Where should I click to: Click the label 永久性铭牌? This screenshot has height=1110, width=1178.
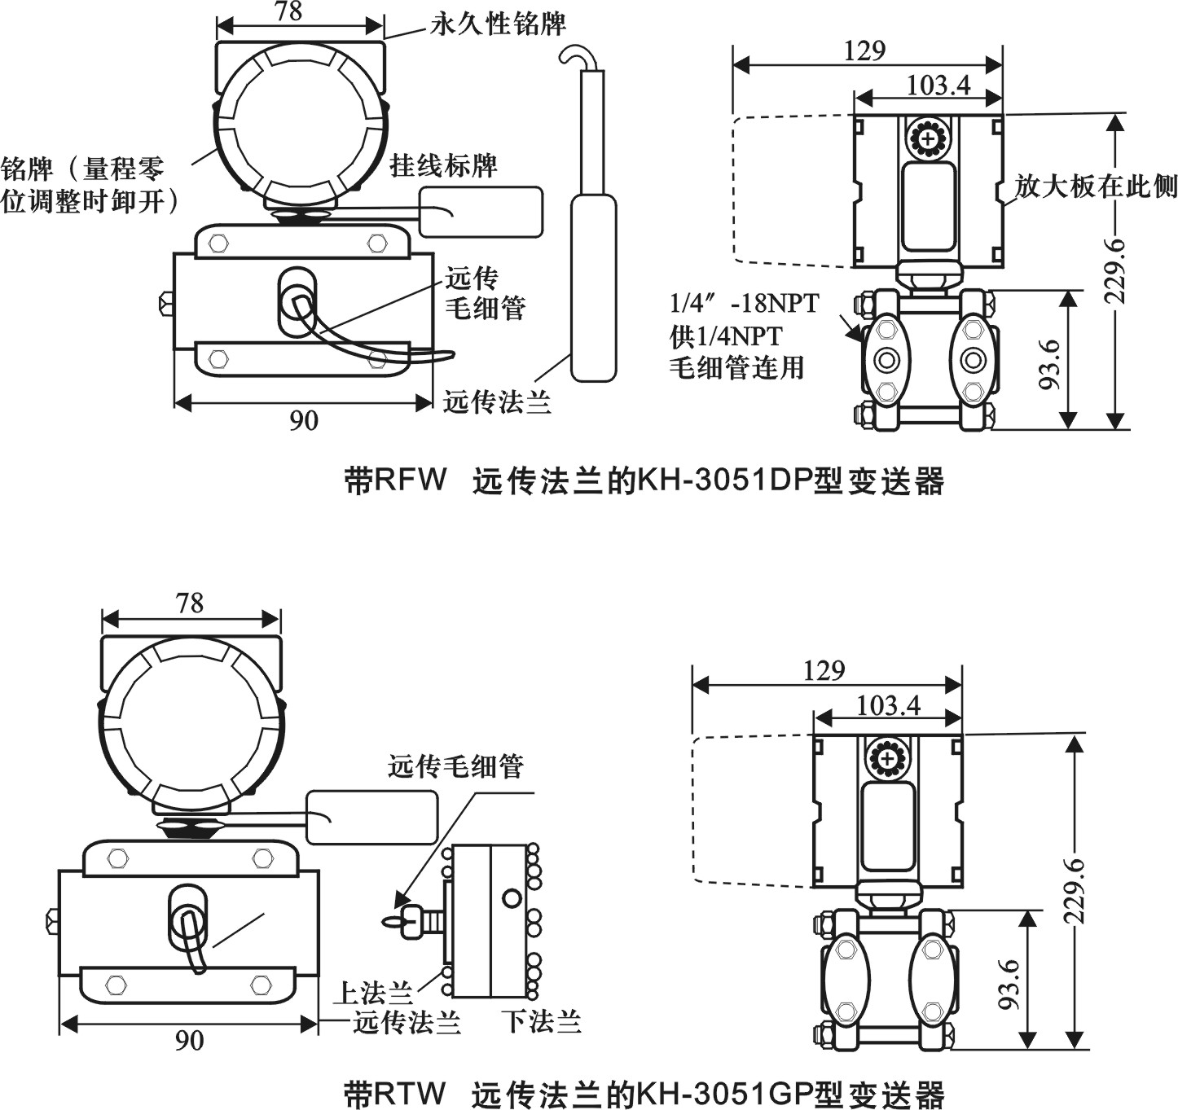(x=498, y=24)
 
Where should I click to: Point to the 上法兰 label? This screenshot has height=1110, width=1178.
(x=374, y=992)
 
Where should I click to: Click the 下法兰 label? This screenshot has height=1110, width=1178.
(x=542, y=1020)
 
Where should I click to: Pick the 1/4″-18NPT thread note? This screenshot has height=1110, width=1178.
(x=744, y=304)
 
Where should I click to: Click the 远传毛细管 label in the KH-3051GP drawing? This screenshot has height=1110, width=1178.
(x=455, y=766)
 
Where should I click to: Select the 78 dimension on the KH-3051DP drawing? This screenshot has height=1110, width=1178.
(x=288, y=11)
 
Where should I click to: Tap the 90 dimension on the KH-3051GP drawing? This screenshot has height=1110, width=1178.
(x=189, y=1041)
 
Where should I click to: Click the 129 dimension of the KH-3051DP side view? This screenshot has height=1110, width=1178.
(x=864, y=50)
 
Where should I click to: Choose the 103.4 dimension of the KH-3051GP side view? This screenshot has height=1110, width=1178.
(x=888, y=704)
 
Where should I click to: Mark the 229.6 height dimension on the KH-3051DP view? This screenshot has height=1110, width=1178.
(x=1115, y=271)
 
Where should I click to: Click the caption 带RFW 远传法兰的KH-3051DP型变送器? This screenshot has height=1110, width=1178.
(x=644, y=481)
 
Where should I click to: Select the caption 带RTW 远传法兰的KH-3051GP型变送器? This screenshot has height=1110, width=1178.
(x=644, y=1093)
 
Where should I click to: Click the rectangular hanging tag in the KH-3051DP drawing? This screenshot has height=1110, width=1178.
(x=481, y=212)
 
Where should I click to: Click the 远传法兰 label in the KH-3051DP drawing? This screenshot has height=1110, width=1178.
(x=497, y=401)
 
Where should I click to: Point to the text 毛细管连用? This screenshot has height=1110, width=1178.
(x=736, y=367)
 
